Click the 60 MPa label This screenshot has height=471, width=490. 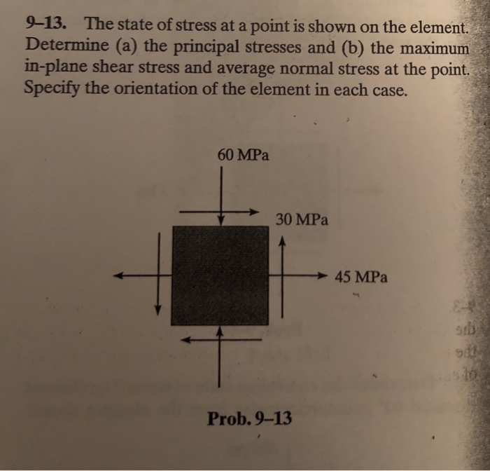[x=243, y=154]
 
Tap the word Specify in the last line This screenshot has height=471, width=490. [x=50, y=91]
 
